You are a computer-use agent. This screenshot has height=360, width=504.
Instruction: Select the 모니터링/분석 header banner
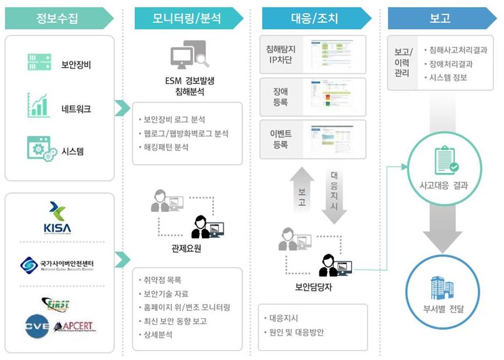pyautogui.click(x=187, y=18)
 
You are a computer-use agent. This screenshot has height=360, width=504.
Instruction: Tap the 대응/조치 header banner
pyautogui.click(x=314, y=18)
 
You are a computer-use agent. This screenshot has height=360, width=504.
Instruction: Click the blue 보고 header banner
pyautogui.click(x=440, y=18)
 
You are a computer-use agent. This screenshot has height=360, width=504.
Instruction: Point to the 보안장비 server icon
pyautogui.click(x=39, y=62)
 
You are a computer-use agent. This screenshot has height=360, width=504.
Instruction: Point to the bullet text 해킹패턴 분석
pyautogui.click(x=166, y=147)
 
